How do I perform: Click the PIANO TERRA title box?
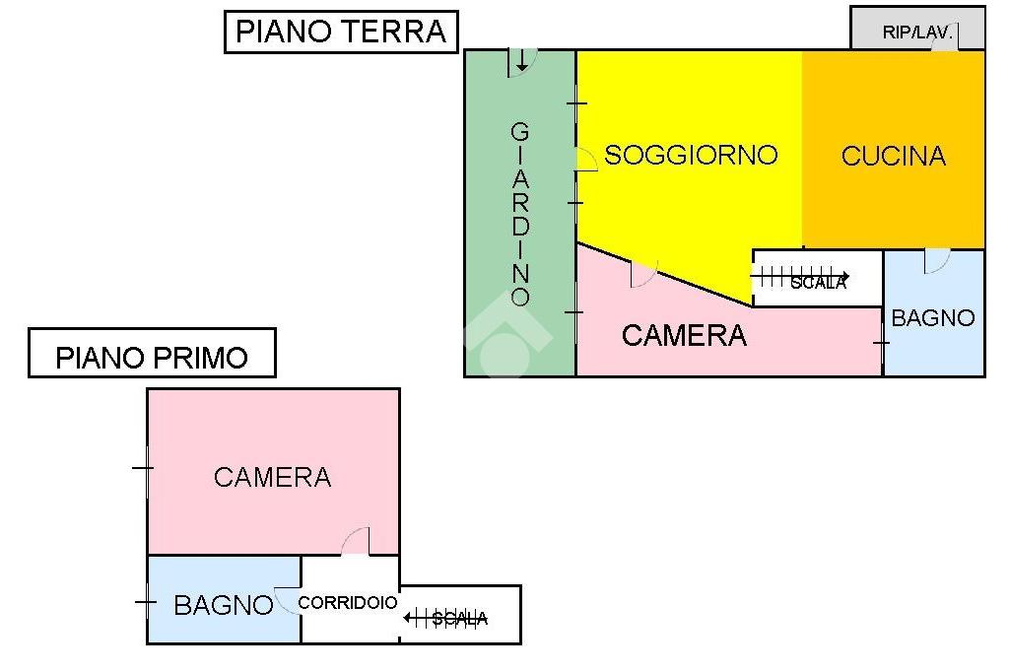(x=341, y=31)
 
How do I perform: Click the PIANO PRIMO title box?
(x=152, y=355)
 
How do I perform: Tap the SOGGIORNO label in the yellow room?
(x=691, y=155)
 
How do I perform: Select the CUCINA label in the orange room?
(x=893, y=156)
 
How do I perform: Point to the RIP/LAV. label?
(x=917, y=33)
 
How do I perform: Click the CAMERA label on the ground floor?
(x=684, y=336)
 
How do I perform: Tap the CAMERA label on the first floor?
(x=272, y=478)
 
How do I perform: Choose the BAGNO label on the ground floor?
(x=932, y=318)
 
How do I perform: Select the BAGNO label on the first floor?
(x=223, y=605)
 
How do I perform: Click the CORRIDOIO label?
(x=348, y=602)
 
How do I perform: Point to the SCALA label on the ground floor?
(x=818, y=283)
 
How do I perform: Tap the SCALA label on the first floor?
(x=459, y=619)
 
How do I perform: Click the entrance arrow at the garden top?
(x=521, y=62)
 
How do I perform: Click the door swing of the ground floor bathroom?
(x=936, y=261)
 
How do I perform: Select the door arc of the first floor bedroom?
(x=356, y=542)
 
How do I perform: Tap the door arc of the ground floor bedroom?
(x=642, y=275)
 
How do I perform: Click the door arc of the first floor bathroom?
(x=288, y=600)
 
